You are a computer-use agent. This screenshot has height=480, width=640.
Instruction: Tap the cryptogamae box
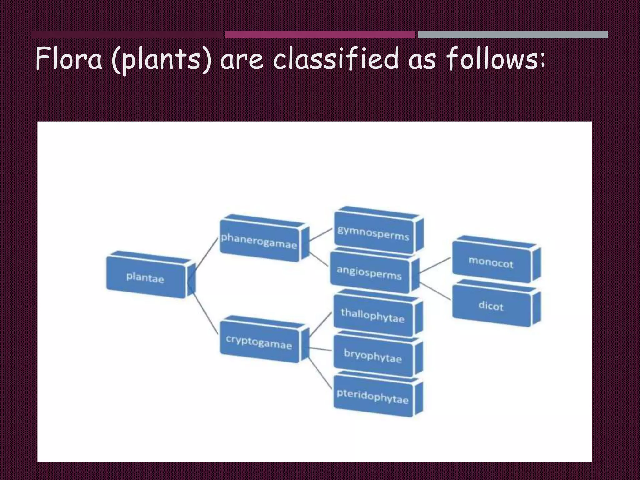tap(259, 342)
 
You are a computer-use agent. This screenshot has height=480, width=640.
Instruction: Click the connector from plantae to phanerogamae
tap(206, 255)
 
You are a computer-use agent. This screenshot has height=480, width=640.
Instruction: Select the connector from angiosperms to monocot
tap(435, 265)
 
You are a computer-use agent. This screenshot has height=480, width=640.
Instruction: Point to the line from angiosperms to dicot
tap(435, 291)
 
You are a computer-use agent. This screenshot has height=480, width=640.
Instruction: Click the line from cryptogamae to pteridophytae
tap(320, 374)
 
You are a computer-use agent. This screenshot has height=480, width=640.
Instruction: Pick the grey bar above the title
tap(512, 35)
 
